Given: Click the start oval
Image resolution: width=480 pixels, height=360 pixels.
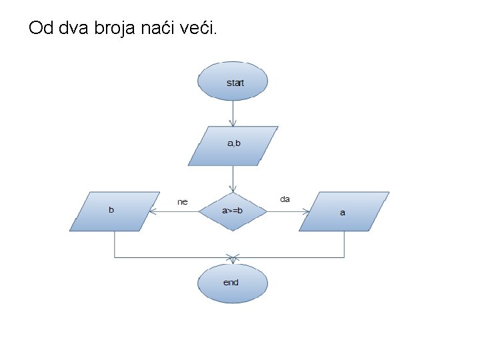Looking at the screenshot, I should tap(233, 81).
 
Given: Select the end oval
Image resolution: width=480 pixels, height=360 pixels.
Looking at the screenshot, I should tap(233, 284).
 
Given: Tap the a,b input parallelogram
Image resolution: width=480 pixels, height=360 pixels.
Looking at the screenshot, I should tap(233, 146).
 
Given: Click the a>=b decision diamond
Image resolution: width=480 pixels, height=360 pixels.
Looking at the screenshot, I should tap(233, 211).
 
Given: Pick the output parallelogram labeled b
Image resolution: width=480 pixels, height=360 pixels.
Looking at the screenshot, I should tap(115, 211).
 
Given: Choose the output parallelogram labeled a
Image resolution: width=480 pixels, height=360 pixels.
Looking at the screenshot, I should tap(343, 211).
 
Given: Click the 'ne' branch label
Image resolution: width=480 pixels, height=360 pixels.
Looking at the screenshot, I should tap(182, 201).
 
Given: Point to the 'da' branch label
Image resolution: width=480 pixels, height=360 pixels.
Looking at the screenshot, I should tap(285, 199).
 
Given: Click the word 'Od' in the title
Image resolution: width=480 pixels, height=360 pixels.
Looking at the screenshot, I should tap(40, 29).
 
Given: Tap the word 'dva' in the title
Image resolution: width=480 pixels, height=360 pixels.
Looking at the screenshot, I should tap(77, 29).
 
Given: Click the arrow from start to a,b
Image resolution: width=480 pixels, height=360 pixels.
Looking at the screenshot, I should tap(233, 112).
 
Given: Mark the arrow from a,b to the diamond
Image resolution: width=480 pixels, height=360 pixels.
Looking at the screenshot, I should tap(233, 179).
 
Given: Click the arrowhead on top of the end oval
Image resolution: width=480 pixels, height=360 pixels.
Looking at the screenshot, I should tap(233, 257).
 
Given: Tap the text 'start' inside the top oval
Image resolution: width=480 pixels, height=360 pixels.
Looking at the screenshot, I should tap(235, 83).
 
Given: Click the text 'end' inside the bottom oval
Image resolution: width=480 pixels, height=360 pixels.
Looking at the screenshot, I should tap(231, 283).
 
